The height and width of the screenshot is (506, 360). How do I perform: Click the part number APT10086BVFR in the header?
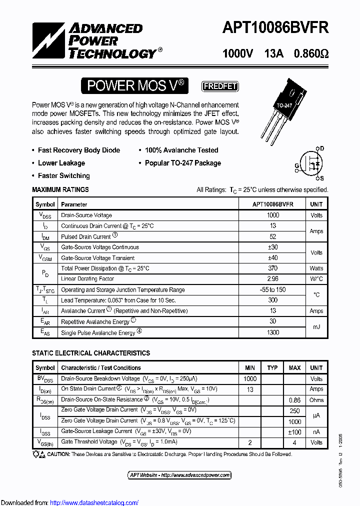pos(275,27)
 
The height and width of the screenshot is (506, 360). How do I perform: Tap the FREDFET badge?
pos(219,86)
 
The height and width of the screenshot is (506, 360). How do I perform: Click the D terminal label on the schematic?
pos(321,148)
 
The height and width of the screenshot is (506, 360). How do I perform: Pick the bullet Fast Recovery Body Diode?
pos(79,150)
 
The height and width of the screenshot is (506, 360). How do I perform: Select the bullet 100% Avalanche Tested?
pos(181,150)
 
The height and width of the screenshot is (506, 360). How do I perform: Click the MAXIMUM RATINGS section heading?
pos(60,189)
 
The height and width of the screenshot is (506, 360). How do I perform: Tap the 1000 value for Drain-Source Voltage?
pos(273,215)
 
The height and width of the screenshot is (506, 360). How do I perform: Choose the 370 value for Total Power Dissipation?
pos(273,268)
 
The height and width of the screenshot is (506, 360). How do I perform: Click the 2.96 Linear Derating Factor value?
pos(273,279)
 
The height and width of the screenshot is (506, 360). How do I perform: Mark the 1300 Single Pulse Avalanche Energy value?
pos(273,332)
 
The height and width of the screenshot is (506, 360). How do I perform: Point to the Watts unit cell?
pos(316,268)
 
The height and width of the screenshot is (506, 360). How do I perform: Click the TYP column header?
pos(272,368)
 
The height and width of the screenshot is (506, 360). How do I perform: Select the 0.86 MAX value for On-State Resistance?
pos(295,400)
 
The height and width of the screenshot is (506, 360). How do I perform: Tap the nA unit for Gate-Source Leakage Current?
pos(316,431)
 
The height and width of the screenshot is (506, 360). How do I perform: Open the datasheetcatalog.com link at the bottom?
pos(94,502)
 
